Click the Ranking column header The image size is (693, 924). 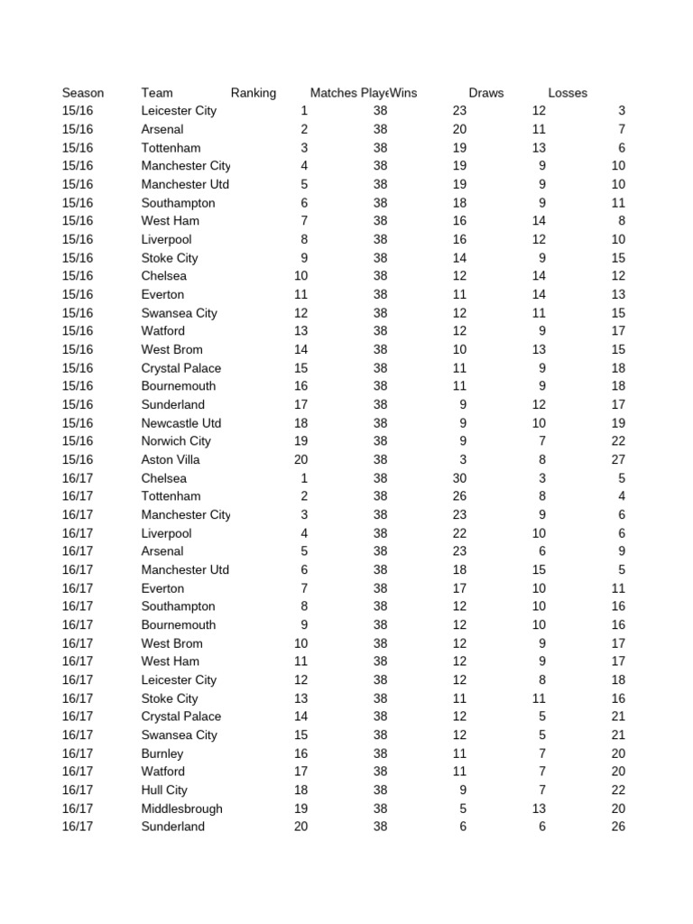coord(253,93)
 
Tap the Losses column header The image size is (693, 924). coord(568,93)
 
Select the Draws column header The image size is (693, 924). coord(486,93)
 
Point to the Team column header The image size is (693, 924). coord(157,93)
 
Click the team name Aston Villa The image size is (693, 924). coord(171,459)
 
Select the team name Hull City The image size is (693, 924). coord(164,790)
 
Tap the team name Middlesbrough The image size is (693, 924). coord(181,808)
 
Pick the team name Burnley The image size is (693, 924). coord(162,753)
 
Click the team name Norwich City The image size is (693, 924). coord(176,441)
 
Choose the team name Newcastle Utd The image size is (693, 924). coord(181,423)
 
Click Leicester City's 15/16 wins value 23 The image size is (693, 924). coord(459,111)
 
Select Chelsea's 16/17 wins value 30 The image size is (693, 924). coord(459,478)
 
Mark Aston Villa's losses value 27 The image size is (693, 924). coord(617,459)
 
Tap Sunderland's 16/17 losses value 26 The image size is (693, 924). coord(617,827)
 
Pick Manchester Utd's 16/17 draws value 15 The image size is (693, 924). coord(539,569)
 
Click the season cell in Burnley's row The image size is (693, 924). coord(78,753)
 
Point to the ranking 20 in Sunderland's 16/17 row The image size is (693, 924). coord(300,827)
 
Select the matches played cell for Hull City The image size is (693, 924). coord(380,790)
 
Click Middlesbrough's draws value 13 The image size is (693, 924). coord(539,808)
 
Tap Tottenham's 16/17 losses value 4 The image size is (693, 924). coord(622,496)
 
